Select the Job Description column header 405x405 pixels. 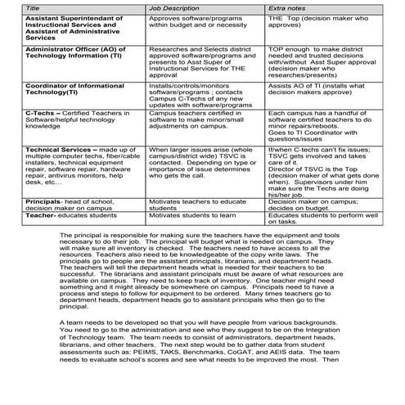coord(174,6)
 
